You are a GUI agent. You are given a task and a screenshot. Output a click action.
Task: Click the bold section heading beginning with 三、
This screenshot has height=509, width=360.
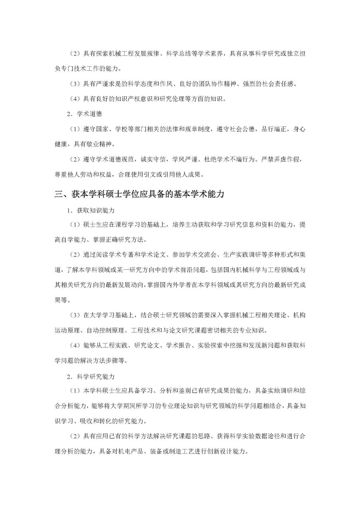coord(139,194)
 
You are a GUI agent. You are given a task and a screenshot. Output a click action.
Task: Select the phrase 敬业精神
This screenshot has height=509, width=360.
coord(102,144)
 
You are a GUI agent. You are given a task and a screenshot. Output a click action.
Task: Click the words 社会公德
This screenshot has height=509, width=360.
coord(242,129)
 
